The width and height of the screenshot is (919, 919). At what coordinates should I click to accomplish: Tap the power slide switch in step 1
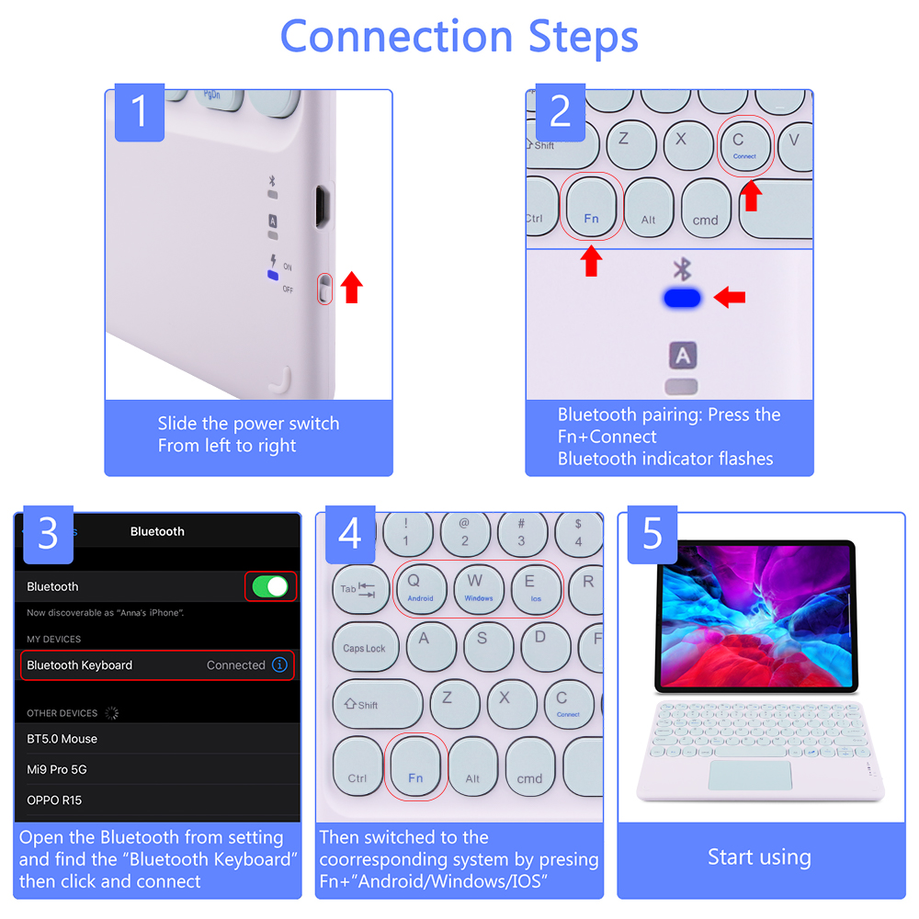tap(323, 289)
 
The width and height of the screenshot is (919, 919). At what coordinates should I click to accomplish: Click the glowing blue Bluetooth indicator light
tap(682, 298)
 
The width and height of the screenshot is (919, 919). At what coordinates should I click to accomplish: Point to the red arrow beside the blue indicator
tap(730, 297)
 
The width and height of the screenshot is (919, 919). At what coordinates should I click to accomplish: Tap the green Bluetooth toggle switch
tap(270, 586)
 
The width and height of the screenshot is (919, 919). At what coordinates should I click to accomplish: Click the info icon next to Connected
tap(279, 664)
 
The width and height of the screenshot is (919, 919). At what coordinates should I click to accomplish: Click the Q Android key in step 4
tap(420, 587)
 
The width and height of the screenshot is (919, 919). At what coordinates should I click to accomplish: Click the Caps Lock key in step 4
tap(365, 647)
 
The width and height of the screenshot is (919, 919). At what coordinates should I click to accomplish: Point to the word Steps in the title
tap(583, 37)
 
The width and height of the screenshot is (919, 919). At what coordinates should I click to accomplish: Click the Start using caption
tap(759, 857)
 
